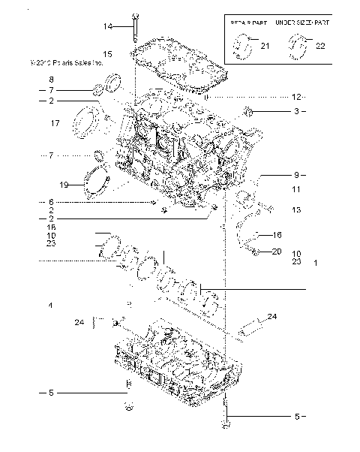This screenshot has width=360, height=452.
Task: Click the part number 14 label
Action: click(x=108, y=26)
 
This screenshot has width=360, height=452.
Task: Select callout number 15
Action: click(x=108, y=54)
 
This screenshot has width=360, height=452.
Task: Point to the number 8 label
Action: click(x=52, y=80)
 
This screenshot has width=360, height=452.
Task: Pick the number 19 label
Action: click(x=64, y=184)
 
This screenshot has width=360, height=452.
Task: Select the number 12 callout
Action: click(x=296, y=98)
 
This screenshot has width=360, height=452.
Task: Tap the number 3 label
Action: click(x=296, y=111)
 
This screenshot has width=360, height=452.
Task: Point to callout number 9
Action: click(x=296, y=174)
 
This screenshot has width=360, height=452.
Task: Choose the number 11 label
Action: click(x=296, y=189)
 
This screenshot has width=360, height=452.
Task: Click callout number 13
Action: click(x=296, y=210)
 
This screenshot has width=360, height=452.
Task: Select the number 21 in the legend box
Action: click(x=265, y=47)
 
